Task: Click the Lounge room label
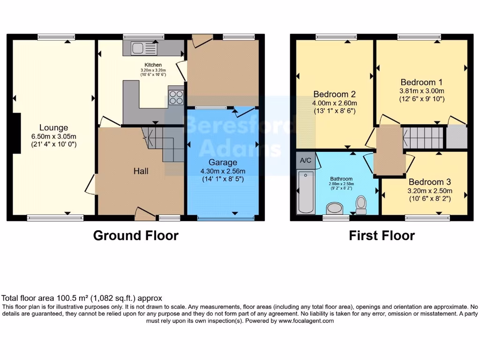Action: [x=53, y=127]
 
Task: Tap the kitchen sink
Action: [x=138, y=48]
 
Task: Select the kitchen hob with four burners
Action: [x=176, y=97]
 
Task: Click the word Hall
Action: [x=141, y=171]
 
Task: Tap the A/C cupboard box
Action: [x=306, y=160]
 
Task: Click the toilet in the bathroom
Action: [x=361, y=204]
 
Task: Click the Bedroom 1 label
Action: [x=421, y=82]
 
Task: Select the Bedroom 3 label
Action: [x=430, y=182]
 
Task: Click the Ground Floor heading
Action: [x=135, y=235]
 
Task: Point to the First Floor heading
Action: [x=382, y=235]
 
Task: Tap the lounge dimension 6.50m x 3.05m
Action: [x=53, y=136]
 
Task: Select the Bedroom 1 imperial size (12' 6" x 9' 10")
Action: [x=421, y=99]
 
